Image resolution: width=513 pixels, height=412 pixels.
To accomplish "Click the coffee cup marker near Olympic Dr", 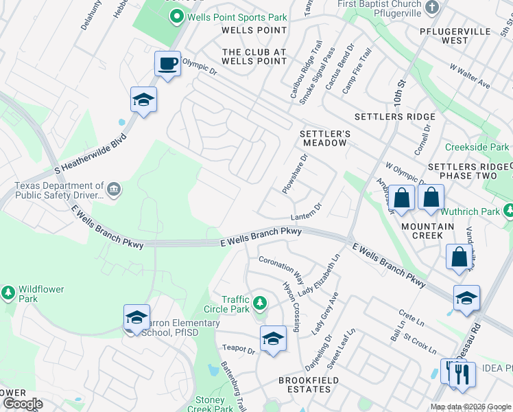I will coord(167,64).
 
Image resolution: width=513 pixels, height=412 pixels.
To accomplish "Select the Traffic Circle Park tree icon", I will coord(259,302).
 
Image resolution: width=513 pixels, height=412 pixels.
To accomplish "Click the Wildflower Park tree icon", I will coord(8,293).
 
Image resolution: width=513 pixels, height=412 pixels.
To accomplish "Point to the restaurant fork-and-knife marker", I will coord(462,375).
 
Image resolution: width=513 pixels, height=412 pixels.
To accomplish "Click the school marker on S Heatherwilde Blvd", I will coord(143,100).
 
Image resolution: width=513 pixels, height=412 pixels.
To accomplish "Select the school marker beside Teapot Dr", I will coord(273,339).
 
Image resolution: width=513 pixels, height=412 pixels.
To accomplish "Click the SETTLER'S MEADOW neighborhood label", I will coord(324,137).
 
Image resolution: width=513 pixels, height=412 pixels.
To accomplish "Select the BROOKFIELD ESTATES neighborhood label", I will coord(304,385).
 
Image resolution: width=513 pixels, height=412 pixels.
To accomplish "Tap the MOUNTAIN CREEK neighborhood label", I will coord(428,231).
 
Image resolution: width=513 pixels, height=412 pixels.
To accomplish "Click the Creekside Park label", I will coord(477,147).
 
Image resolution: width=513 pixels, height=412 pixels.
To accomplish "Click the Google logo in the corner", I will coord(23,404).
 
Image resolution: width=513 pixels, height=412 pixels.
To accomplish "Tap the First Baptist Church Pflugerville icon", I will coord(431,8).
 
